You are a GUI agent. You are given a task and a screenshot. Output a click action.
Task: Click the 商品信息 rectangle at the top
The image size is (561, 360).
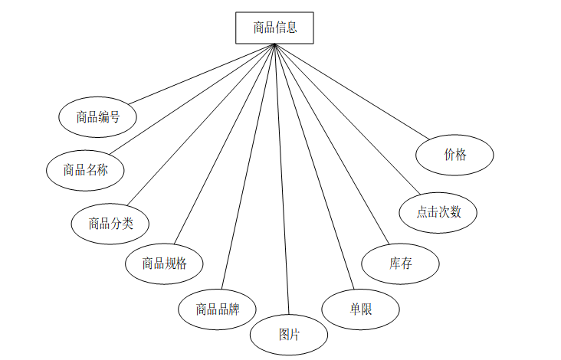pos(274,28)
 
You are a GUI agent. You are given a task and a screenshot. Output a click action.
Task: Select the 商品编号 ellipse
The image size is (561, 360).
pos(97,117)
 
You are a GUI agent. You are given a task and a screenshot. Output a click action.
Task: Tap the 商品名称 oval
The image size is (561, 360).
pos(85,170)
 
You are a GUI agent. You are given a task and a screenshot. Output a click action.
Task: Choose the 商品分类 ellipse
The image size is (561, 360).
pos(110,224)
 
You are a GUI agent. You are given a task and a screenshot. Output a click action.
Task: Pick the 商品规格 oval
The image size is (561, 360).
pos(164,263)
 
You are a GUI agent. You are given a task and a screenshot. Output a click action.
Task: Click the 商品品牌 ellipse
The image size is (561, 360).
pos(218,309)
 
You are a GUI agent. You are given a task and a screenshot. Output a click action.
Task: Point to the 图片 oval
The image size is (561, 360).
pos(289,335)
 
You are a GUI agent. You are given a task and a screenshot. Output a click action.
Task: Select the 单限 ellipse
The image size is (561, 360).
pos(360,309)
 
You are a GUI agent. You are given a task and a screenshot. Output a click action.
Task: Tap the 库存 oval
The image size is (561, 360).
pos(400,263)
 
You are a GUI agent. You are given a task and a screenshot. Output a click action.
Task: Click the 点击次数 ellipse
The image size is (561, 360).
pos(438,212)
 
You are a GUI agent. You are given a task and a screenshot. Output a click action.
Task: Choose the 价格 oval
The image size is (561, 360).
pos(454,155)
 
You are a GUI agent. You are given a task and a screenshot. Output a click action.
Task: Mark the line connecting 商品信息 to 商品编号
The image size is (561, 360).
pos(202,74)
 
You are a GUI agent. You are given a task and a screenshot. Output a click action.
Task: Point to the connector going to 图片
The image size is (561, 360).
pos(281,179)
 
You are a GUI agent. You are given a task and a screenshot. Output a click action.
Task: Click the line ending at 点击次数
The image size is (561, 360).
pos(346,118)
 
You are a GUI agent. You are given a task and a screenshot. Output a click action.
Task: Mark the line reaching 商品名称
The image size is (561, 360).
pos(192,97)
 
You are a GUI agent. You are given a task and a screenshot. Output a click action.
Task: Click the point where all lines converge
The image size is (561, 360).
pos(274,44)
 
